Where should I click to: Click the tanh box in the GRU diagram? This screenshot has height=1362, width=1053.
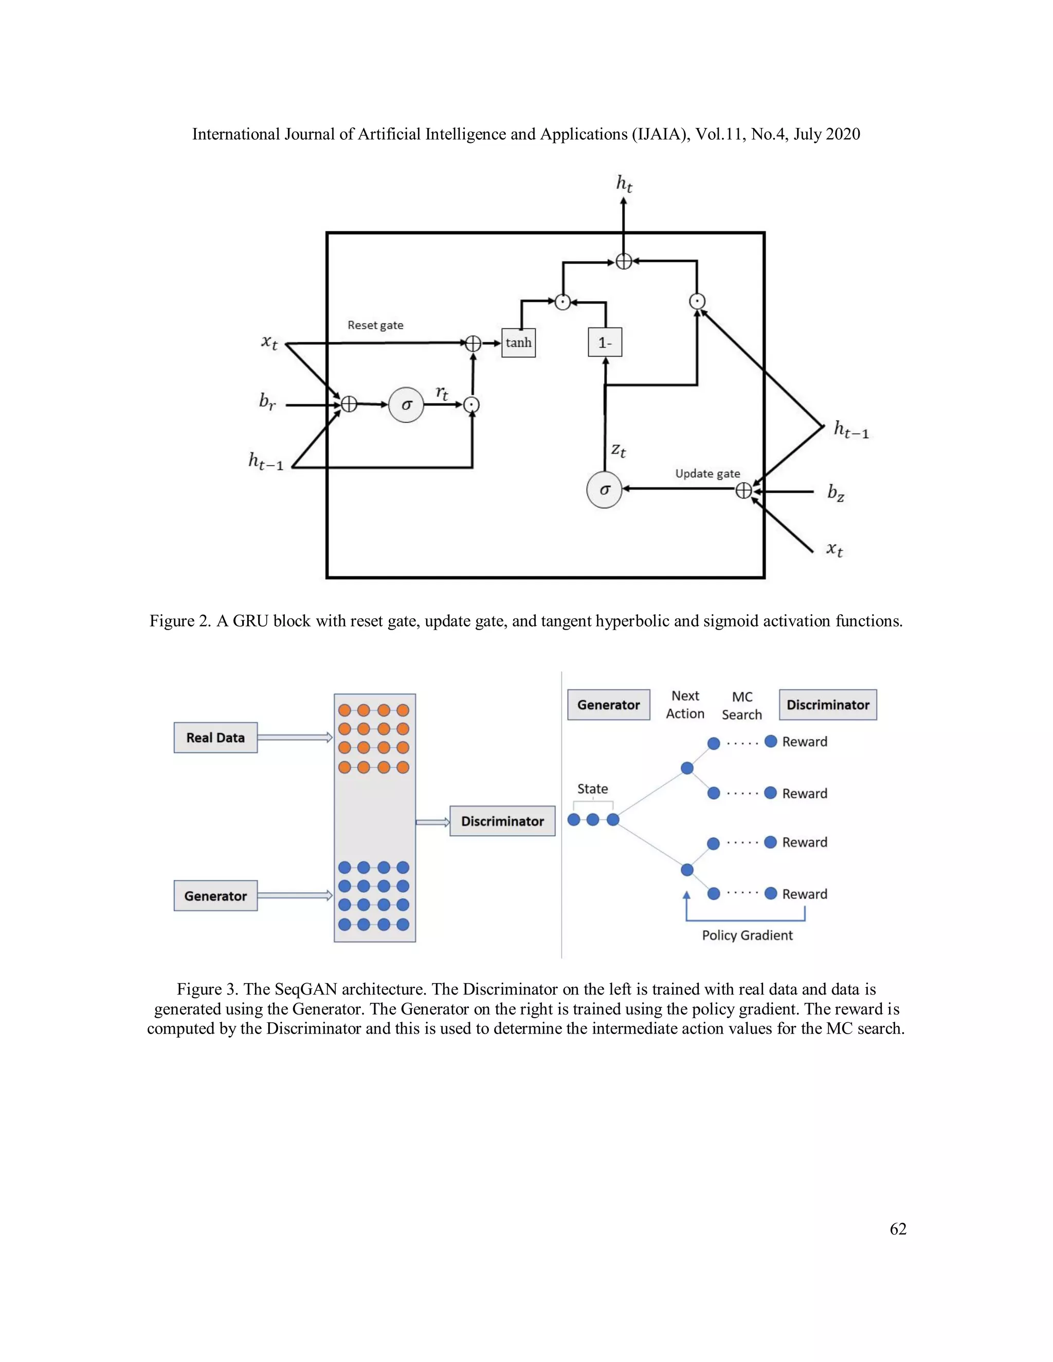click(518, 342)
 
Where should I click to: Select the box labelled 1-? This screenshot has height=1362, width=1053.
click(605, 342)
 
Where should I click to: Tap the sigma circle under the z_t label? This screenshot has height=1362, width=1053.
click(604, 490)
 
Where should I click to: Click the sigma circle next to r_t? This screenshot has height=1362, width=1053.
click(406, 406)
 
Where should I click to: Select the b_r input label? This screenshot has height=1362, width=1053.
click(267, 401)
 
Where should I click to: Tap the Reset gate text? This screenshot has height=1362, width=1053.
click(375, 325)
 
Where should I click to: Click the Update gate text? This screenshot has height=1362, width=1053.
click(707, 473)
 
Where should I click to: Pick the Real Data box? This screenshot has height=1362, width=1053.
click(215, 738)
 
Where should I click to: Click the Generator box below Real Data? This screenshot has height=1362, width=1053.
click(215, 896)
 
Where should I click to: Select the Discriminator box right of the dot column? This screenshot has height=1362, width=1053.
click(502, 821)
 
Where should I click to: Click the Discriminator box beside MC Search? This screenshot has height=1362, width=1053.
click(828, 705)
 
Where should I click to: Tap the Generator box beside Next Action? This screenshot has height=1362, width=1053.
click(608, 705)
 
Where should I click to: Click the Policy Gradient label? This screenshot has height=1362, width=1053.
click(747, 935)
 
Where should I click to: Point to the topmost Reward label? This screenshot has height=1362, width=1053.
click(805, 742)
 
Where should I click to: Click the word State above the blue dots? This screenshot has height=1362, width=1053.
click(592, 789)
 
